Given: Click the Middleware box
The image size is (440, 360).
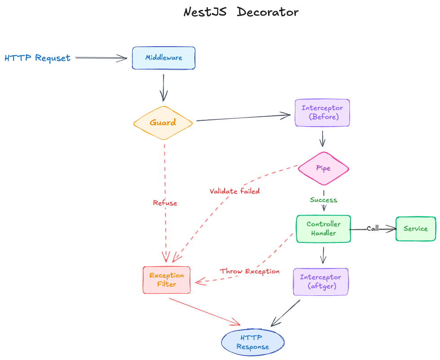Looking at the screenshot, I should click(163, 58).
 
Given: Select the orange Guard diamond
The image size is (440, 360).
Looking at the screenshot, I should click(163, 123).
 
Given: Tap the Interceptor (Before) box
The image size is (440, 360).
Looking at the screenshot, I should click(322, 113).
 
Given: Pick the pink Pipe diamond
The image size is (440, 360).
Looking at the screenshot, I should click(323, 168).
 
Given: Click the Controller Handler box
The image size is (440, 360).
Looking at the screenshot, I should click(323, 228).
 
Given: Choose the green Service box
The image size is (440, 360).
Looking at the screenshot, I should click(415, 228).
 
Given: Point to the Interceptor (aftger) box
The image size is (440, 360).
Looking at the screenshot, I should click(321, 282).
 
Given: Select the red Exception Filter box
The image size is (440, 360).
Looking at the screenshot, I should click(167, 280).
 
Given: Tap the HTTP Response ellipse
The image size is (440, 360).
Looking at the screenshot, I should click(253, 342).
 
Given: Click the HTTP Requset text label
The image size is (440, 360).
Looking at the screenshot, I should click(37, 58).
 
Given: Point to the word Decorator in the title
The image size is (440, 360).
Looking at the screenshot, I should click(268, 12).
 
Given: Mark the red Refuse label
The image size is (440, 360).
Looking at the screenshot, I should click(165, 203).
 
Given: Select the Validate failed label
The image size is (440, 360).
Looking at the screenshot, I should click(234, 191).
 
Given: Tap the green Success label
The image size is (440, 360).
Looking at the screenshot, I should click(323, 200).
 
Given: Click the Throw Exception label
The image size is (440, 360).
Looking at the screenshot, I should click(250, 271).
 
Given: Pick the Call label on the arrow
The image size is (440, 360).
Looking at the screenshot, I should click(373, 228).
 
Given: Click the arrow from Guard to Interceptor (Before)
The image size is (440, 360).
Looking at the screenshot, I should click(242, 118).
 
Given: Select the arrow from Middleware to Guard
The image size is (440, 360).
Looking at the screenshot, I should click(163, 88).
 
